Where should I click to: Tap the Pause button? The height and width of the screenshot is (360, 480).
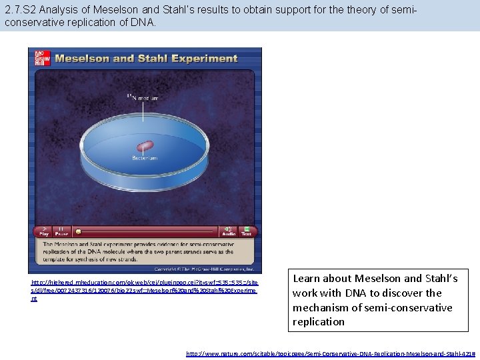[x=61, y=231]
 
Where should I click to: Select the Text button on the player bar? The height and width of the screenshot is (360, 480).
[x=246, y=231]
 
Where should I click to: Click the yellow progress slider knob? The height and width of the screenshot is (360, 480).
[x=78, y=231]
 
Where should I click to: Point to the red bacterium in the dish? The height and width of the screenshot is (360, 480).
[x=145, y=146]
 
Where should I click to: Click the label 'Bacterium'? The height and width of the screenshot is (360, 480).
[x=145, y=159]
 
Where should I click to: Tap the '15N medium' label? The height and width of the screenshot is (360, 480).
[x=143, y=98]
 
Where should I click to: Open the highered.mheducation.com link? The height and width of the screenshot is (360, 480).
[x=143, y=291]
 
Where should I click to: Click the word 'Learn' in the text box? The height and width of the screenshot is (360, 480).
[x=308, y=279]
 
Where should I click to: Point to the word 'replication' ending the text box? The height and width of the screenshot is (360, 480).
[x=319, y=321]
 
